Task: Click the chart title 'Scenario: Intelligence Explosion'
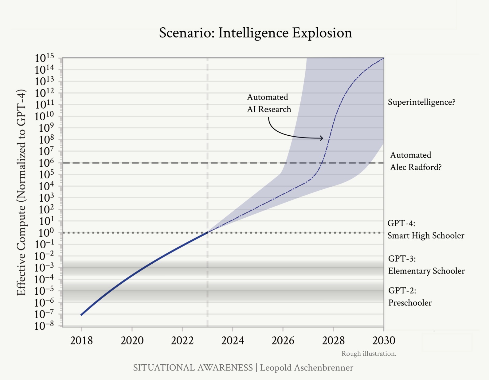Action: pos(255,33)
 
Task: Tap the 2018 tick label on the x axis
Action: pos(81,340)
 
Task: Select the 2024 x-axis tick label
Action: pos(233,340)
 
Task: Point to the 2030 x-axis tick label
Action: pos(384,340)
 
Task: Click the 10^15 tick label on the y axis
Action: pos(44,58)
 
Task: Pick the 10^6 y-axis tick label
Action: pos(44,163)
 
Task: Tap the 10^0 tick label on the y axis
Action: pos(44,233)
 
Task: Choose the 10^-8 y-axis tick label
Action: pos(44,326)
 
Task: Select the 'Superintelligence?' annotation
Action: pos(421,102)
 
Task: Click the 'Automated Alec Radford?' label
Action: pos(416,161)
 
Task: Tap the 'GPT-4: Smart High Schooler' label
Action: pos(425,229)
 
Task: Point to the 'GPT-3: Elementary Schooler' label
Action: pos(426,265)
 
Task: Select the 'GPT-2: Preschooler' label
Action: pos(410,297)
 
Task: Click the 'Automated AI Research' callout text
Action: pos(269,103)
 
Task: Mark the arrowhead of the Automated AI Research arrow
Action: pos(322,138)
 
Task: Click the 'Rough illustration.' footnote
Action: pos(369,354)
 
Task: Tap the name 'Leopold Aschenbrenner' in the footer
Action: pos(307,368)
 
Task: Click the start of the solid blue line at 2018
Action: pos(82,314)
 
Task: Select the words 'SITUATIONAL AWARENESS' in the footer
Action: pos(193,368)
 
